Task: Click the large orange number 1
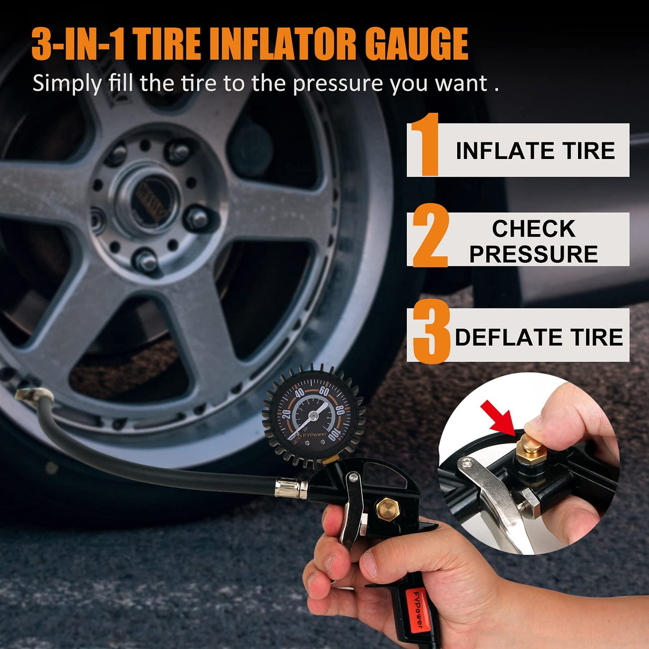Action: tap(425, 144)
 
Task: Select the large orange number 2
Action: tap(430, 235)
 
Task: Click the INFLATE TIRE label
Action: tap(535, 150)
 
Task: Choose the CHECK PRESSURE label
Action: tap(534, 241)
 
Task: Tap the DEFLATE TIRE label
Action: tap(539, 337)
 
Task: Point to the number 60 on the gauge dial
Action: tap(324, 391)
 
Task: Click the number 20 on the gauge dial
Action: tap(286, 414)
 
